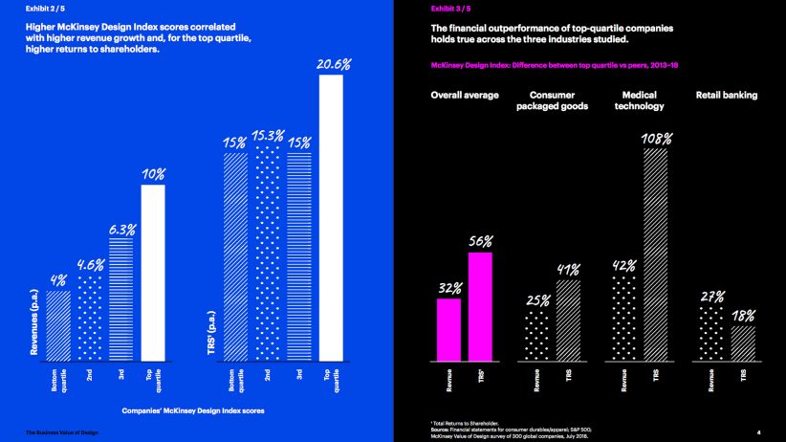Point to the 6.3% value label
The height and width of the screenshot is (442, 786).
[x=121, y=230]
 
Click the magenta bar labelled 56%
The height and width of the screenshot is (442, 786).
[x=480, y=306]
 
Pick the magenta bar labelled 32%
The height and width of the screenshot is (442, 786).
[x=448, y=330]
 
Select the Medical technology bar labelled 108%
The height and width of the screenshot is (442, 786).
[x=655, y=254]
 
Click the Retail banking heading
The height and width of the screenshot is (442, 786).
[x=727, y=95]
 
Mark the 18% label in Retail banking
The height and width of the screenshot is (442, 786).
[x=743, y=316]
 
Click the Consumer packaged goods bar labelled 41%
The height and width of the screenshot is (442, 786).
[x=568, y=320]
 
